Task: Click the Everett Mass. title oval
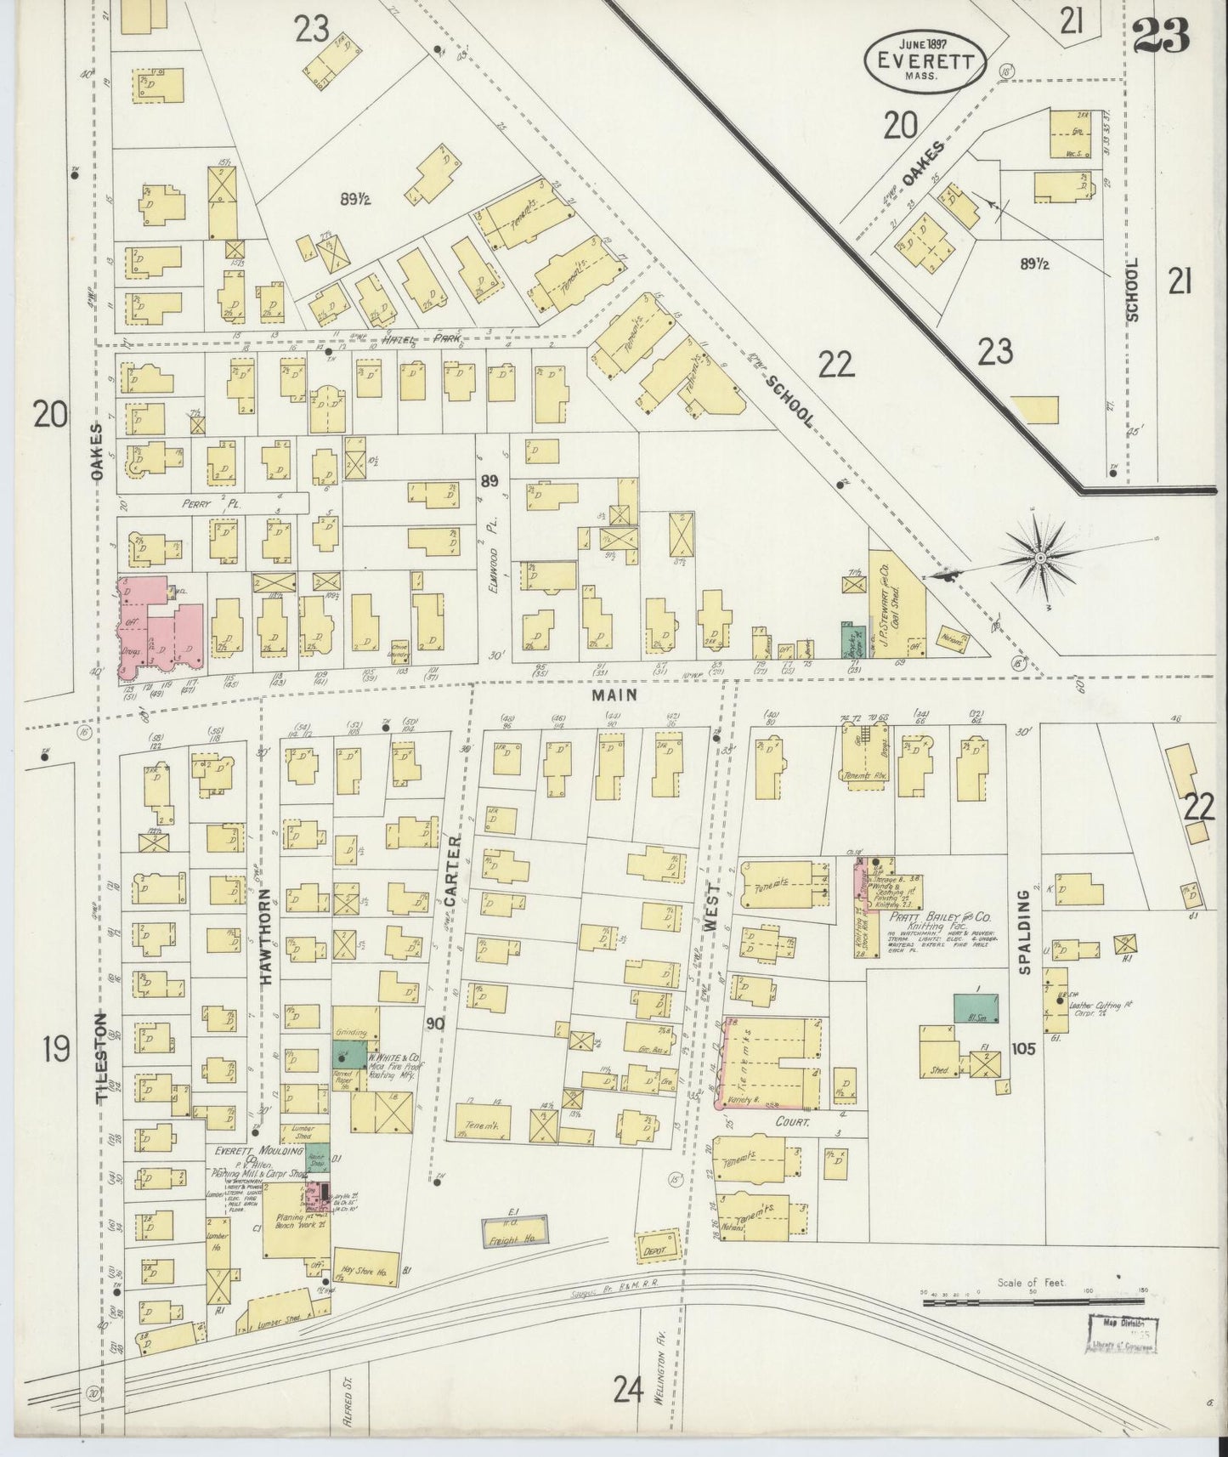[925, 59]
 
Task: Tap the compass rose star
[1039, 558]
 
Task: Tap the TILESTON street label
[103, 1057]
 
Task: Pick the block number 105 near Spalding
[1023, 1049]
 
